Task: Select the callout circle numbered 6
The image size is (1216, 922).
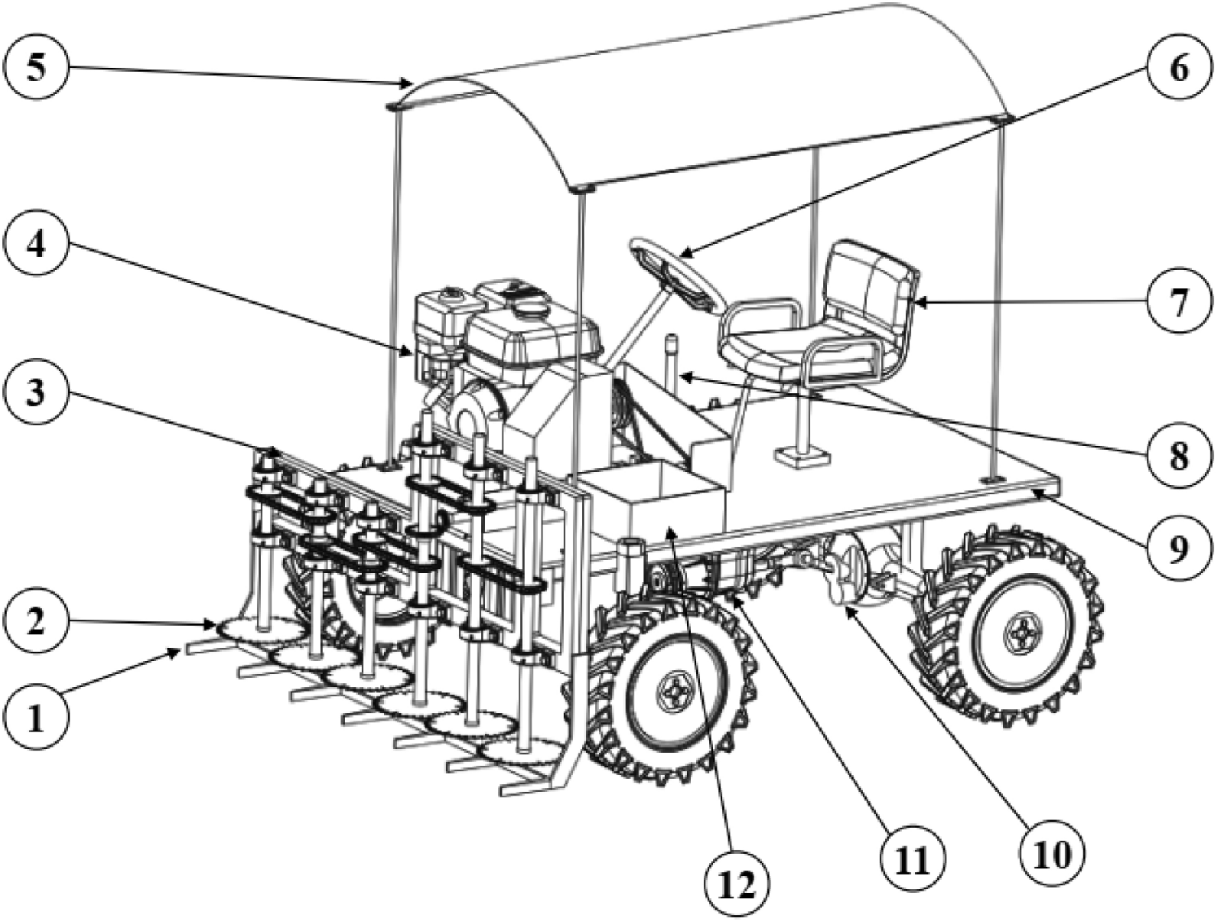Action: coord(1179,67)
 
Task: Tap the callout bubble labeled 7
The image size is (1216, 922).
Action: coord(1179,299)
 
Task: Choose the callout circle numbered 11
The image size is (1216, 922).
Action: coord(911,858)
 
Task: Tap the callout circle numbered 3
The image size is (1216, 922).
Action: coord(35,393)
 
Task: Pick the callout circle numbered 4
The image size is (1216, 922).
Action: coord(35,245)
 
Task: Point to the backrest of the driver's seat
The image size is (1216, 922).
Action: coord(871,281)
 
